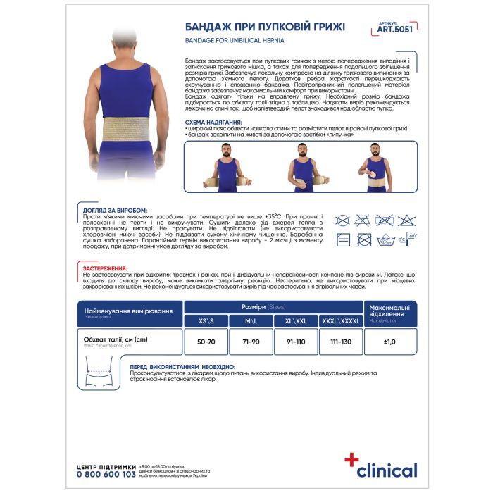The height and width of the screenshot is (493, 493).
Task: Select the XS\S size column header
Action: click(x=205, y=321)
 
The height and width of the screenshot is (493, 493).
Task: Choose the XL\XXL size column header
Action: click(x=295, y=321)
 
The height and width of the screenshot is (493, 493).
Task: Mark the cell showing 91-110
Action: click(x=295, y=342)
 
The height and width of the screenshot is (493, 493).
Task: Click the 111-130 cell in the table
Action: click(x=340, y=342)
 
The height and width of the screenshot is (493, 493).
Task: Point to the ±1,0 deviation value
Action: click(x=390, y=342)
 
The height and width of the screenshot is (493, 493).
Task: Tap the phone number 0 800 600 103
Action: click(x=106, y=475)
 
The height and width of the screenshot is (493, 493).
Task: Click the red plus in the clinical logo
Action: click(x=351, y=460)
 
